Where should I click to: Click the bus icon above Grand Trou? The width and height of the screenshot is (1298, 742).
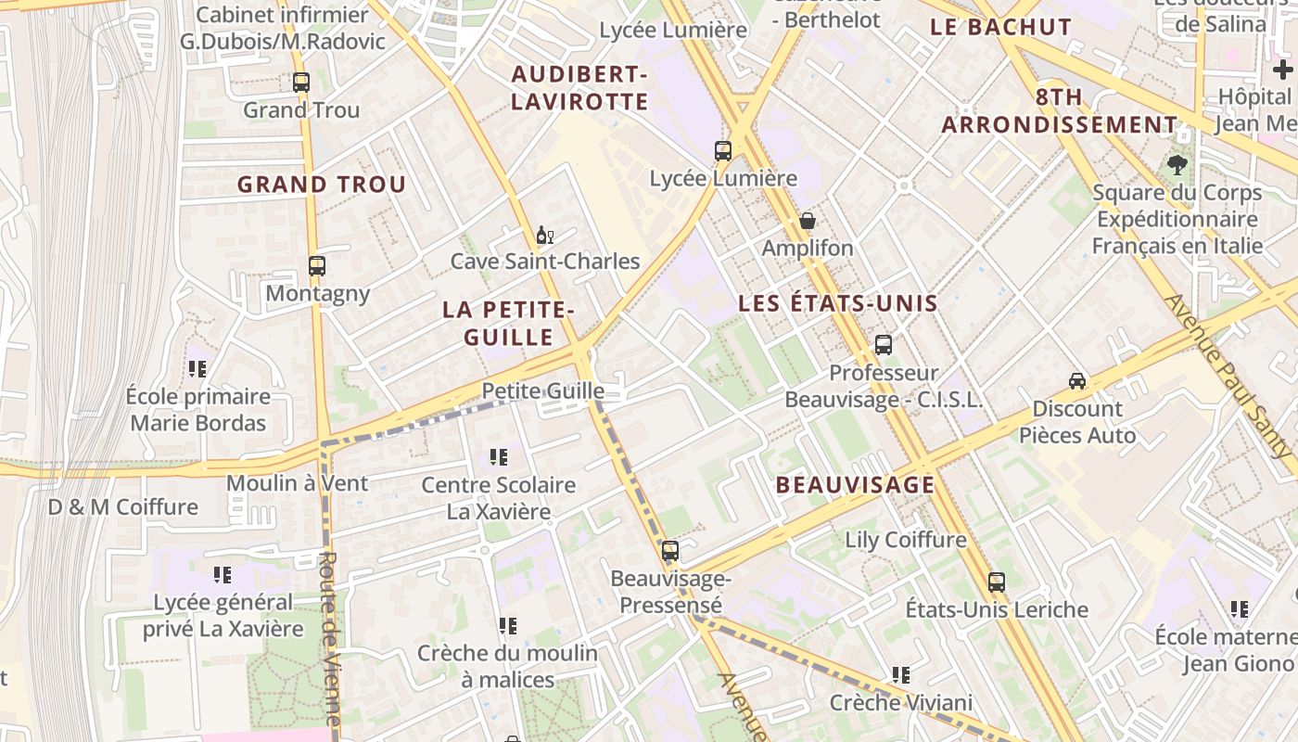(301, 82)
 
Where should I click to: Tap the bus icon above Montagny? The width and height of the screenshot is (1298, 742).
(317, 266)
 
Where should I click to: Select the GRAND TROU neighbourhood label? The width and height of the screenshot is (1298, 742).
(322, 184)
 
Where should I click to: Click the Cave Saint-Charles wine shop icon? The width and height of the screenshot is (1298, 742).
(544, 235)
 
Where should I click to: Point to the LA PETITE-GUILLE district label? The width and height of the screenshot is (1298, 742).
(509, 323)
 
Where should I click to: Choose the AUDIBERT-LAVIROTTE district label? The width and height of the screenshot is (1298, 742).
(579, 88)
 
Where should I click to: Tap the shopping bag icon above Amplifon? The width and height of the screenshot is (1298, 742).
(808, 221)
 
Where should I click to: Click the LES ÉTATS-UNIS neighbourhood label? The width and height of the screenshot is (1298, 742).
(838, 303)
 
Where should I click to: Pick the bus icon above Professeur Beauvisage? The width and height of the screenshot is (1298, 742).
(884, 345)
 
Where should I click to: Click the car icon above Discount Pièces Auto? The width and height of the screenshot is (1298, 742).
(1077, 380)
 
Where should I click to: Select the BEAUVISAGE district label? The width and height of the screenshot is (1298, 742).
(855, 484)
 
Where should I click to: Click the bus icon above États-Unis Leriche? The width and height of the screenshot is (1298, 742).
(997, 582)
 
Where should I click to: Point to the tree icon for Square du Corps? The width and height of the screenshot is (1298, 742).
(1177, 165)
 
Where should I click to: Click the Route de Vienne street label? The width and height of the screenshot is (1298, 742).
(329, 640)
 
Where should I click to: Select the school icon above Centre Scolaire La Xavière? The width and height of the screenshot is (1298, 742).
(499, 457)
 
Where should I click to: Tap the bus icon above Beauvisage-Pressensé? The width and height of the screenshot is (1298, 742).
(670, 551)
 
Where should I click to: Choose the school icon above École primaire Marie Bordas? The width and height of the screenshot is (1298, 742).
(197, 369)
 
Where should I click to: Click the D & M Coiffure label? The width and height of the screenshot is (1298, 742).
(123, 507)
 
